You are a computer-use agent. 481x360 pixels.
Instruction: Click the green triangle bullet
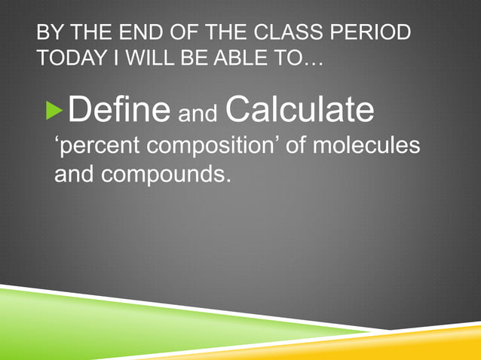(x=55, y=111)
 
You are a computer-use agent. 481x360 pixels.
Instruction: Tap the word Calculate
(x=299, y=110)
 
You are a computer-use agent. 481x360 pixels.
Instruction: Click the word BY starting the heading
(x=49, y=34)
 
